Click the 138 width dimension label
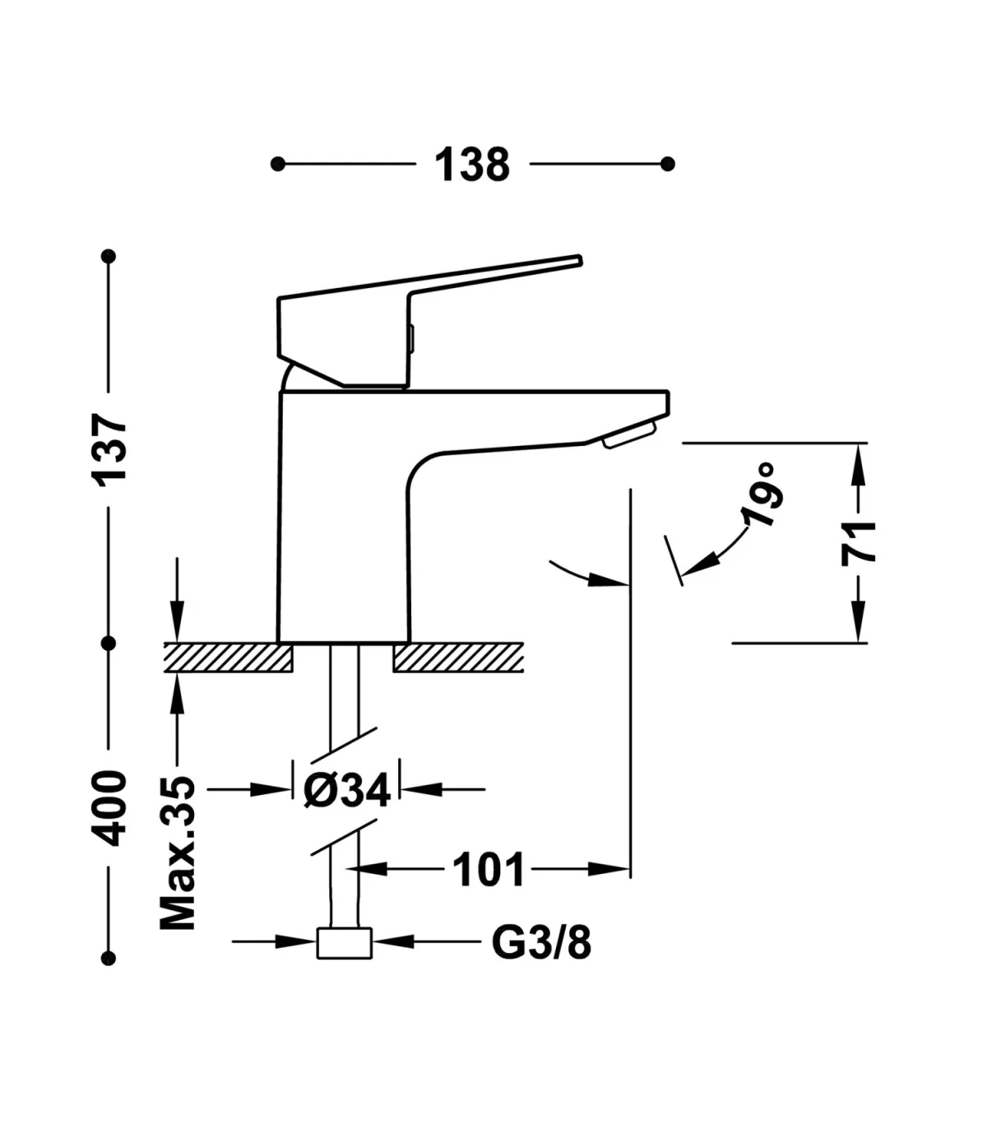(472, 165)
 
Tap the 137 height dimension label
(109, 450)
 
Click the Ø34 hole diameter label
(347, 790)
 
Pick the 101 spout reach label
(488, 870)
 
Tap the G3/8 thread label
(541, 942)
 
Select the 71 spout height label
(859, 543)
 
